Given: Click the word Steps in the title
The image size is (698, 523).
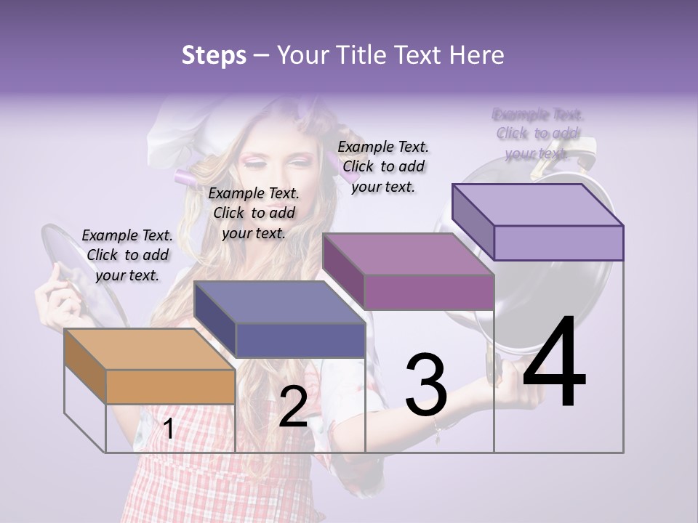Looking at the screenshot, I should (x=214, y=55).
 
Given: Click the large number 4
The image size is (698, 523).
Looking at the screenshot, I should (x=554, y=363).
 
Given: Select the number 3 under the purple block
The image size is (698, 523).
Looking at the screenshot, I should (x=426, y=384).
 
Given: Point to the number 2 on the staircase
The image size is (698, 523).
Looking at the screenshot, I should (x=293, y=407).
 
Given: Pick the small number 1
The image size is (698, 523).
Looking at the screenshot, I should (x=168, y=429).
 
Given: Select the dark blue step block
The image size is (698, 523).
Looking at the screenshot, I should (x=279, y=319).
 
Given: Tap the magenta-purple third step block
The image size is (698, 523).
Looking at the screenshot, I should (x=408, y=271).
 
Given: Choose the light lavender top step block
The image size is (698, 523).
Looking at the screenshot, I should (x=537, y=222).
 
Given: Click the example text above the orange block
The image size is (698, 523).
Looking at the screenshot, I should (x=127, y=255).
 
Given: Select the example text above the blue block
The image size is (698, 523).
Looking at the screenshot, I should (x=254, y=213).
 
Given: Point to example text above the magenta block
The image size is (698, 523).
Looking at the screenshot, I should (x=383, y=166).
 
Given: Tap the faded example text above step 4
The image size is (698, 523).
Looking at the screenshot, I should (x=537, y=134).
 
